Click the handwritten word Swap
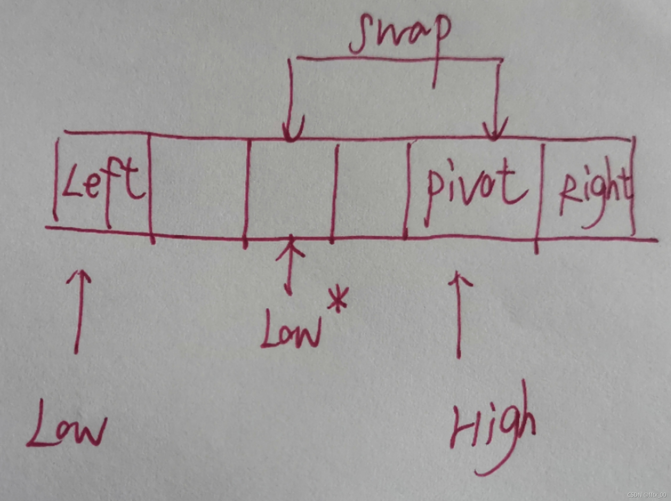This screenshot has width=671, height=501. pyautogui.click(x=399, y=36)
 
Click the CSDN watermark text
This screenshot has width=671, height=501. pyautogui.click(x=646, y=495)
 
